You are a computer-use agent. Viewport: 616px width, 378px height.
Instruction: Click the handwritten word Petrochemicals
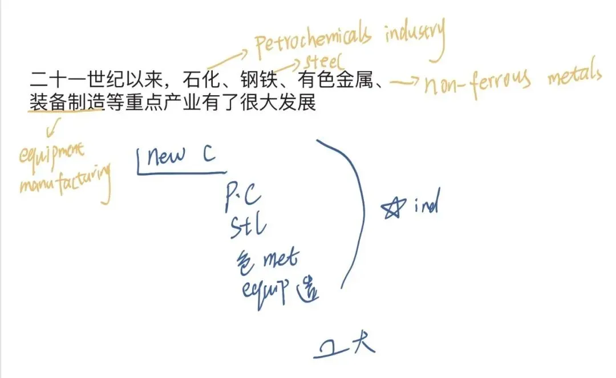(313, 42)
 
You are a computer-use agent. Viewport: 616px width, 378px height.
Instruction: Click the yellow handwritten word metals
(574, 76)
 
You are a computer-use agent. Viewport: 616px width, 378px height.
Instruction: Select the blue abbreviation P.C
(244, 196)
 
